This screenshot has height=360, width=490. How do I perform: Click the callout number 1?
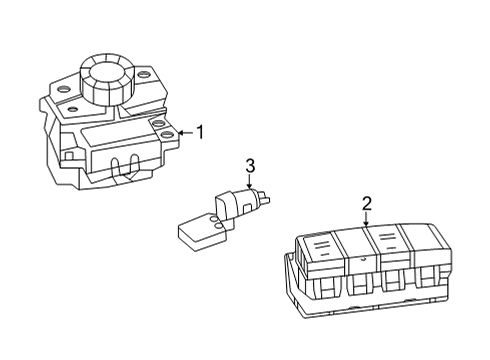point(200,133)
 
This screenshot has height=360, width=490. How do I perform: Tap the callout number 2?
point(367,204)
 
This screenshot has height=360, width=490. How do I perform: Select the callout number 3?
point(250,166)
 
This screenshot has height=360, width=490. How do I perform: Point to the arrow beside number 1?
point(186,133)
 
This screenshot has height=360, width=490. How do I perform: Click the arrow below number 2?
point(366,219)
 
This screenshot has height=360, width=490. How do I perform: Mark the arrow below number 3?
point(249,182)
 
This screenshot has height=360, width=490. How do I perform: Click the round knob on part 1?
point(106,80)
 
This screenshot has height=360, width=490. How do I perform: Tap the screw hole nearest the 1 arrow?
point(166,135)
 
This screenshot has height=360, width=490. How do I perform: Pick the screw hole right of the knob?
point(142,75)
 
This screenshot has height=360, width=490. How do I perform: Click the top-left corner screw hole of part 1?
point(63,89)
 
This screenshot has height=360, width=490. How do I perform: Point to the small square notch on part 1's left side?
point(69,155)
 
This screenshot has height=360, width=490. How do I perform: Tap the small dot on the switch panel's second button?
point(364,258)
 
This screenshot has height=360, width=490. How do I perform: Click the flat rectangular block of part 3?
point(202,232)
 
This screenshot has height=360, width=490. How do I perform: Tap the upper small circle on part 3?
point(215,219)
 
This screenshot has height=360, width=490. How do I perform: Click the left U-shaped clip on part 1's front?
point(115,166)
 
